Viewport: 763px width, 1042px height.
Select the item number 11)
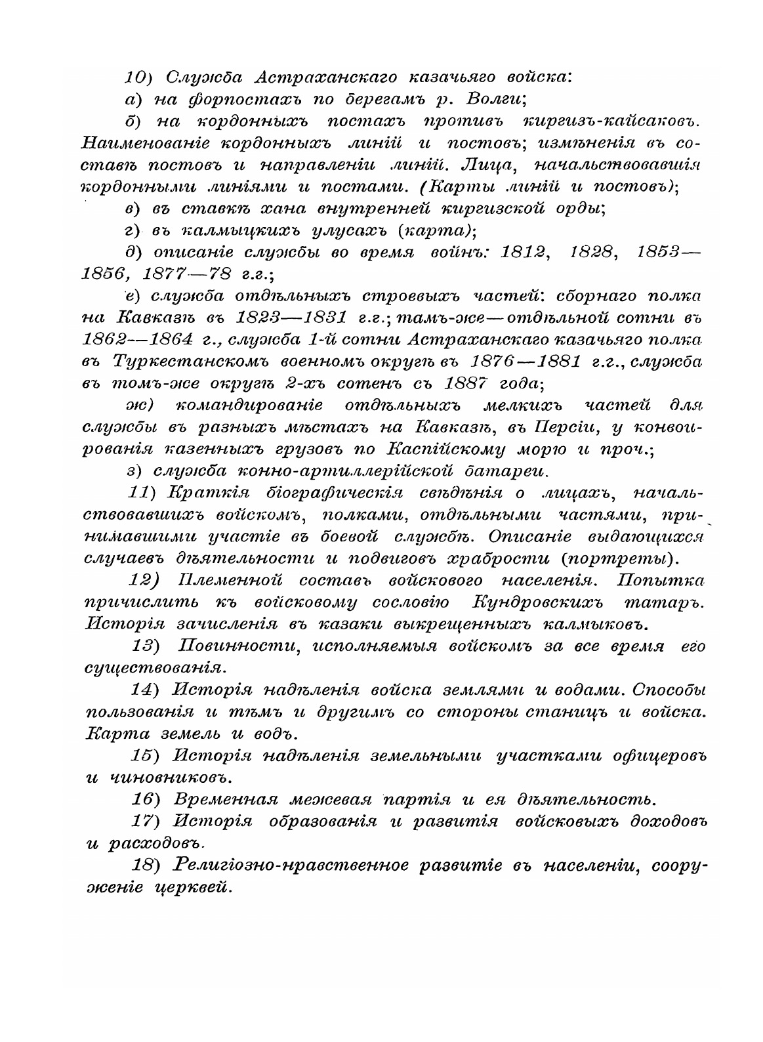(144, 493)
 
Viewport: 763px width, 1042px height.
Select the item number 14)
(148, 690)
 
